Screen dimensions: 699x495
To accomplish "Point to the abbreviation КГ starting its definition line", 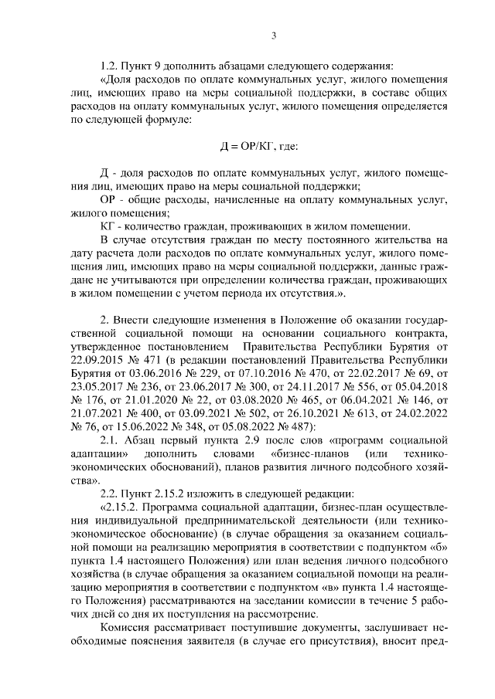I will [x=108, y=226].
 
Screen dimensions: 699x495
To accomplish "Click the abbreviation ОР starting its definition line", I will [x=109, y=200].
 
